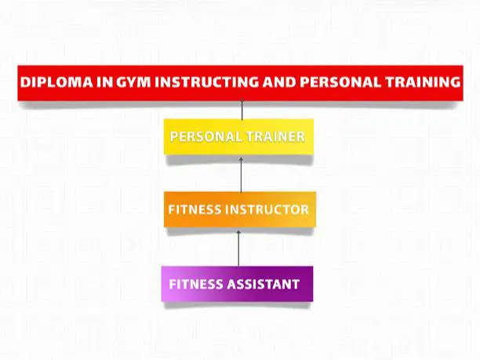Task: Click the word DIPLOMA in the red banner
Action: coord(56,82)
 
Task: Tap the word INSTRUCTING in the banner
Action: coord(207,82)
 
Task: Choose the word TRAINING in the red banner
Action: coord(423,82)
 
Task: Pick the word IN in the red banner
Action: coord(104,82)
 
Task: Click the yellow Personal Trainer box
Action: coord(238,136)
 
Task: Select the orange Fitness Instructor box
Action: coord(240,209)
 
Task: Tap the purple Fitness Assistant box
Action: coord(237,284)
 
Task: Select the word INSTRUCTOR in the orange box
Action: coord(267,209)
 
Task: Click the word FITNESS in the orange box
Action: coord(195,209)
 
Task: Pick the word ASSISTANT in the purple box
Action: coord(263,284)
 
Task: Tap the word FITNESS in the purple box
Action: coord(196,284)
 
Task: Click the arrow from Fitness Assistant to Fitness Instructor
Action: coord(238,249)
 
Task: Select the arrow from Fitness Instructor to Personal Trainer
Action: coord(242,175)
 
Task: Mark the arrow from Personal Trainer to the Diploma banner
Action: coord(242,109)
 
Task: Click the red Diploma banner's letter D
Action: coord(25,82)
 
